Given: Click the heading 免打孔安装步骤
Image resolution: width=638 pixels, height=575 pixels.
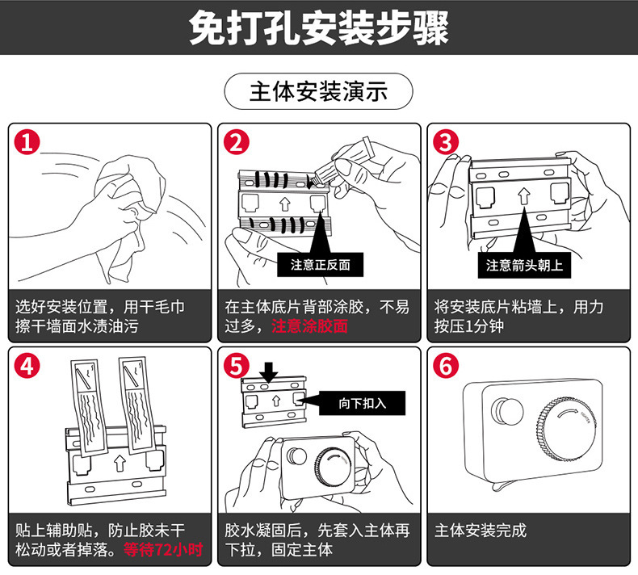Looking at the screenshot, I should tap(318, 27).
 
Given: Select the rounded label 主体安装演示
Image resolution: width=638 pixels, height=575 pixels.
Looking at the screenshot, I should tap(318, 91).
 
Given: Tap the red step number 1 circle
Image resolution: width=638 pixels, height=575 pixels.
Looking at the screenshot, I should tap(27, 143).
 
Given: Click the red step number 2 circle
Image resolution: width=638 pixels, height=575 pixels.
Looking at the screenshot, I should tap(236, 143).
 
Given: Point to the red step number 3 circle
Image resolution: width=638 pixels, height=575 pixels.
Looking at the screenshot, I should tap(445, 143).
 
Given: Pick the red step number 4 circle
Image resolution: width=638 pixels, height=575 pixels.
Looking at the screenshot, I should tap(27, 365).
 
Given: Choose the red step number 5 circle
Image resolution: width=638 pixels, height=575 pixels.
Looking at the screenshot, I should tap(236, 365).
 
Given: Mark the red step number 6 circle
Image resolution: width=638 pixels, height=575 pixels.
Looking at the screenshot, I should tap(445, 365).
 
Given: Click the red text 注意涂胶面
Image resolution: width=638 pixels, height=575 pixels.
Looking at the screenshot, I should tap(309, 326).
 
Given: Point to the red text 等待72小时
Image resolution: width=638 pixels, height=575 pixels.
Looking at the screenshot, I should tap(162, 550).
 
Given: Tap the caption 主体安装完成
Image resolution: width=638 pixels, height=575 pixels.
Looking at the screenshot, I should tap(480, 531).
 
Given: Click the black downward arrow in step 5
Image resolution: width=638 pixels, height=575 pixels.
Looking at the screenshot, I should tap(270, 370).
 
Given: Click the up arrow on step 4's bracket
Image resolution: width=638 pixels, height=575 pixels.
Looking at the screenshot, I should tap(120, 463).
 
